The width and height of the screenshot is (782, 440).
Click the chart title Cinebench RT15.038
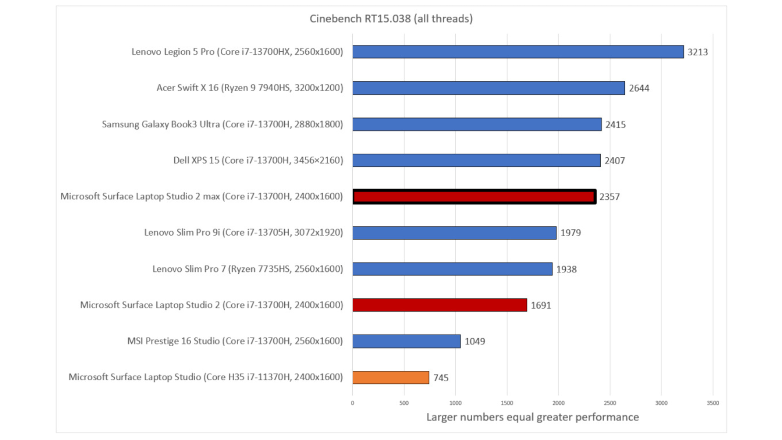(x=391, y=19)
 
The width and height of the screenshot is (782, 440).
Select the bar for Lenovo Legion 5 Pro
(x=518, y=52)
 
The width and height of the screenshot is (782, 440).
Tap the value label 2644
(x=639, y=88)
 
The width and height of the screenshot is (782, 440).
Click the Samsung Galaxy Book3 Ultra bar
(x=477, y=124)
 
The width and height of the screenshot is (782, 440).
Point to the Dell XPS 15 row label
(x=258, y=160)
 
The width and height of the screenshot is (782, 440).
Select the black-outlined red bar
(x=474, y=197)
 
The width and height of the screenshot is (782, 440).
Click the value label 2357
(x=609, y=197)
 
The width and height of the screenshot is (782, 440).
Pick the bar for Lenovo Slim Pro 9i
(x=454, y=233)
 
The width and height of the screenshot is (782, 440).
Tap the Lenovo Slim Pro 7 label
(x=248, y=269)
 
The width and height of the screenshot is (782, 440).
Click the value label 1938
(x=566, y=269)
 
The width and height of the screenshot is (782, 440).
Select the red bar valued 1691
(x=439, y=305)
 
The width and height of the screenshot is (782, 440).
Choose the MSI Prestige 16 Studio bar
(x=406, y=341)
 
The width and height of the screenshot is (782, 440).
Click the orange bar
(x=391, y=377)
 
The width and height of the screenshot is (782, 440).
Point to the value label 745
(x=441, y=378)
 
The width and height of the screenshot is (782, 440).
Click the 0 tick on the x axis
(x=352, y=403)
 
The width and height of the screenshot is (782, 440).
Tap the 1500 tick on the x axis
(x=507, y=403)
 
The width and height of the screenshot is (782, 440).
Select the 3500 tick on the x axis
(x=713, y=403)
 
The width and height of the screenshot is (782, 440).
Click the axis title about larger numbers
(x=532, y=417)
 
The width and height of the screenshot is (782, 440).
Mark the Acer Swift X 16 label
(x=250, y=88)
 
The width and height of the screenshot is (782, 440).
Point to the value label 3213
(x=697, y=52)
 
